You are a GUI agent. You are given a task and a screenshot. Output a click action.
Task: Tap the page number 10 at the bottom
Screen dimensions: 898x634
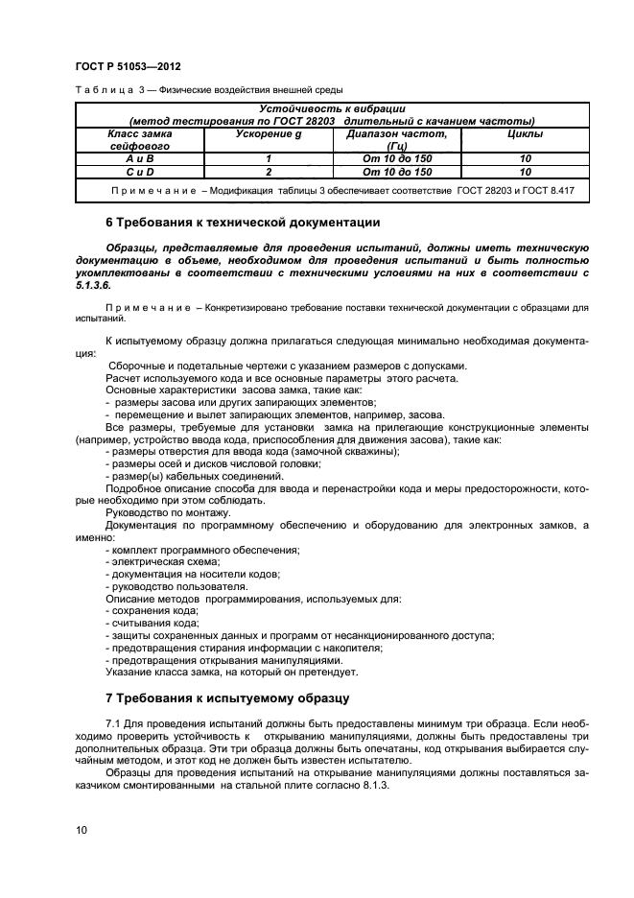tap(81, 828)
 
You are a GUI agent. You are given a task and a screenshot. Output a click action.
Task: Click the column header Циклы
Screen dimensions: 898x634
tap(525, 134)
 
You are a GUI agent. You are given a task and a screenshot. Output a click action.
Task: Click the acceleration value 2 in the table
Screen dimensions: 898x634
tap(270, 172)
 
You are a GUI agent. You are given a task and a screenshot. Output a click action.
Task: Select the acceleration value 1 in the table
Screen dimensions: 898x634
tap(270, 158)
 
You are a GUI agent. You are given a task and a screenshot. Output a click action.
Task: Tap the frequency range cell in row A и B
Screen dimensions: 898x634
tap(397, 158)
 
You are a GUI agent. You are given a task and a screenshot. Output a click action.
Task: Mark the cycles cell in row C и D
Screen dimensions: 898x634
tap(525, 172)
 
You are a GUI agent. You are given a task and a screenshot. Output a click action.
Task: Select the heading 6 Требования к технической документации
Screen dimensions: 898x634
tap(243, 223)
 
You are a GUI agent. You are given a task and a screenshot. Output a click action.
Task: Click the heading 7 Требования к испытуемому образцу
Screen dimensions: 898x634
tap(226, 697)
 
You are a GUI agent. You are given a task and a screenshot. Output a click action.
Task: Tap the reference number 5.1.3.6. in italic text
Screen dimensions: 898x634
tap(93, 285)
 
